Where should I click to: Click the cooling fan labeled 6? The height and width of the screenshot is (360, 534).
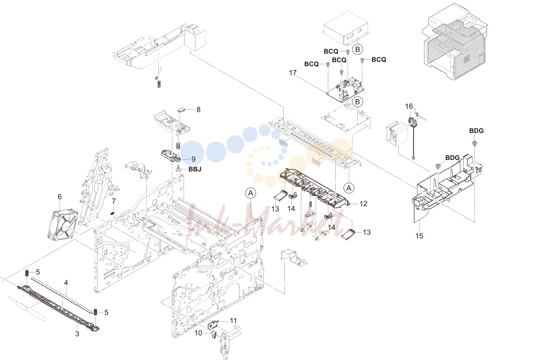click(x=63, y=224)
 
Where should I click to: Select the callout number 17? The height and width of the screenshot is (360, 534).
click(x=293, y=73)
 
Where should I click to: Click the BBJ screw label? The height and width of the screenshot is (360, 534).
click(x=195, y=169)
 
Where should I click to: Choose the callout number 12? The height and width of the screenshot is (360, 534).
click(x=363, y=204)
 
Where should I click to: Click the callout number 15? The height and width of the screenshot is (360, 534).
click(x=420, y=236)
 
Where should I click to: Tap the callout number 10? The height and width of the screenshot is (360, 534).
click(x=198, y=333)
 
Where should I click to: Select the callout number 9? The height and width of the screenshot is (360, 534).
click(x=193, y=159)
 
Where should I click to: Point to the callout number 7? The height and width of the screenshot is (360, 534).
click(x=114, y=201)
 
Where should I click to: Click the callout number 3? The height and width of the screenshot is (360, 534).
click(x=77, y=334)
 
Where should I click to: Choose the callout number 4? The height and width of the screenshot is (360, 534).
click(x=66, y=283)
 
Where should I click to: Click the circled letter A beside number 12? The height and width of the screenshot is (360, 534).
click(x=349, y=188)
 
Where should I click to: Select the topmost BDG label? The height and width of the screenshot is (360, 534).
click(x=476, y=131)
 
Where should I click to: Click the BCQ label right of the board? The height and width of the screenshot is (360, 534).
click(x=379, y=59)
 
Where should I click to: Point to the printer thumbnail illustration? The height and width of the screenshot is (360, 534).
click(x=455, y=42)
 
